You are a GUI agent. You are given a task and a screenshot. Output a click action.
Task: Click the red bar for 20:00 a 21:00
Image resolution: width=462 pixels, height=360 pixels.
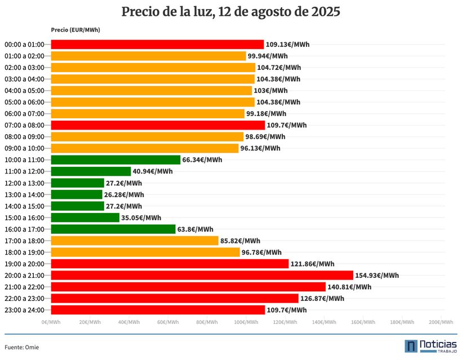point(202,275)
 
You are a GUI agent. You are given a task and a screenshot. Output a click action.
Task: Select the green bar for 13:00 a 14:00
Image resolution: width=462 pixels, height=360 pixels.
point(77,194)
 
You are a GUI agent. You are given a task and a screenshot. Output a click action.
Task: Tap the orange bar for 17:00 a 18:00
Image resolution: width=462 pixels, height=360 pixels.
point(135,241)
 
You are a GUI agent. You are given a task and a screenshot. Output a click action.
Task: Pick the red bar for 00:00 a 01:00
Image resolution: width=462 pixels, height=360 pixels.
point(157,45)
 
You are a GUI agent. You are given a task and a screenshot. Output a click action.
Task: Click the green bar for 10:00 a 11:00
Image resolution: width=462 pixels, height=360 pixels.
point(115,159)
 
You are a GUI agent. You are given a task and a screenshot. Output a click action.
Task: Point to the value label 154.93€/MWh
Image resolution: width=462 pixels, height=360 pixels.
point(377,275)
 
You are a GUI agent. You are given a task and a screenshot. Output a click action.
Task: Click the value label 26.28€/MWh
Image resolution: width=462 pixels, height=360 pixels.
point(124,195)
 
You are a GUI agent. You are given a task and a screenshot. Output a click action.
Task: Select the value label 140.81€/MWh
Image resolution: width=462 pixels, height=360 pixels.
point(349,287)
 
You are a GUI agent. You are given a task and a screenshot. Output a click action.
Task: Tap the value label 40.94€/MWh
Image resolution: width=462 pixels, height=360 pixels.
point(153,171)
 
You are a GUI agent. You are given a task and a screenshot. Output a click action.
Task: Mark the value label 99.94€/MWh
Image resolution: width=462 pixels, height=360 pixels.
point(268,56)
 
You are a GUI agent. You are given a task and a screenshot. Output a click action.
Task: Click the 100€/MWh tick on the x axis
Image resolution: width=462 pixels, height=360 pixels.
point(246,322)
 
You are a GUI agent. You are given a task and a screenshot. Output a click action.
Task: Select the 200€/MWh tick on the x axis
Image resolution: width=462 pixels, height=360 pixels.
point(441,322)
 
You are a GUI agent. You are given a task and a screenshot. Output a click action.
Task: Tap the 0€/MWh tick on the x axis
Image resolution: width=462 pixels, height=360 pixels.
point(51,322)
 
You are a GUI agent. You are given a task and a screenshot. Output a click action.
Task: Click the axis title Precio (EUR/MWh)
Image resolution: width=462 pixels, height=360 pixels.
point(75,30)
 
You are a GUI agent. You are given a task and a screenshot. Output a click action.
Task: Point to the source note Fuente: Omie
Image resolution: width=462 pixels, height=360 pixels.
point(22,347)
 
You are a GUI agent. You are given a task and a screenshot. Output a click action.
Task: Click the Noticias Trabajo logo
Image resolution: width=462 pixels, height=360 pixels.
point(431,346)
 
